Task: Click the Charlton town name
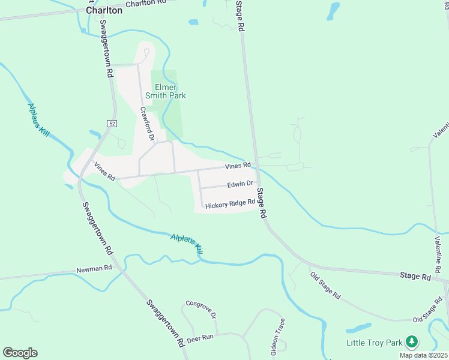point(104,10)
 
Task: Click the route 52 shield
point(112,123)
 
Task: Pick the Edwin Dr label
point(241,184)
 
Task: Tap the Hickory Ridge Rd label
point(231,205)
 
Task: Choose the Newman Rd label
point(94,269)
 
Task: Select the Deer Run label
point(200,338)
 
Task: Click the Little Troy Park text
point(374,343)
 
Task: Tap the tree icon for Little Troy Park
point(411,343)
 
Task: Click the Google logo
point(20,353)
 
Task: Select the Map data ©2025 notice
point(423,355)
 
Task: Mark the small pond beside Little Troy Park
point(358,328)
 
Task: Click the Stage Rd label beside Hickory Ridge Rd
point(262,203)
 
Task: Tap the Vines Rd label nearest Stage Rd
point(238,166)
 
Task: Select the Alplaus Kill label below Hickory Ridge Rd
point(187,245)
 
